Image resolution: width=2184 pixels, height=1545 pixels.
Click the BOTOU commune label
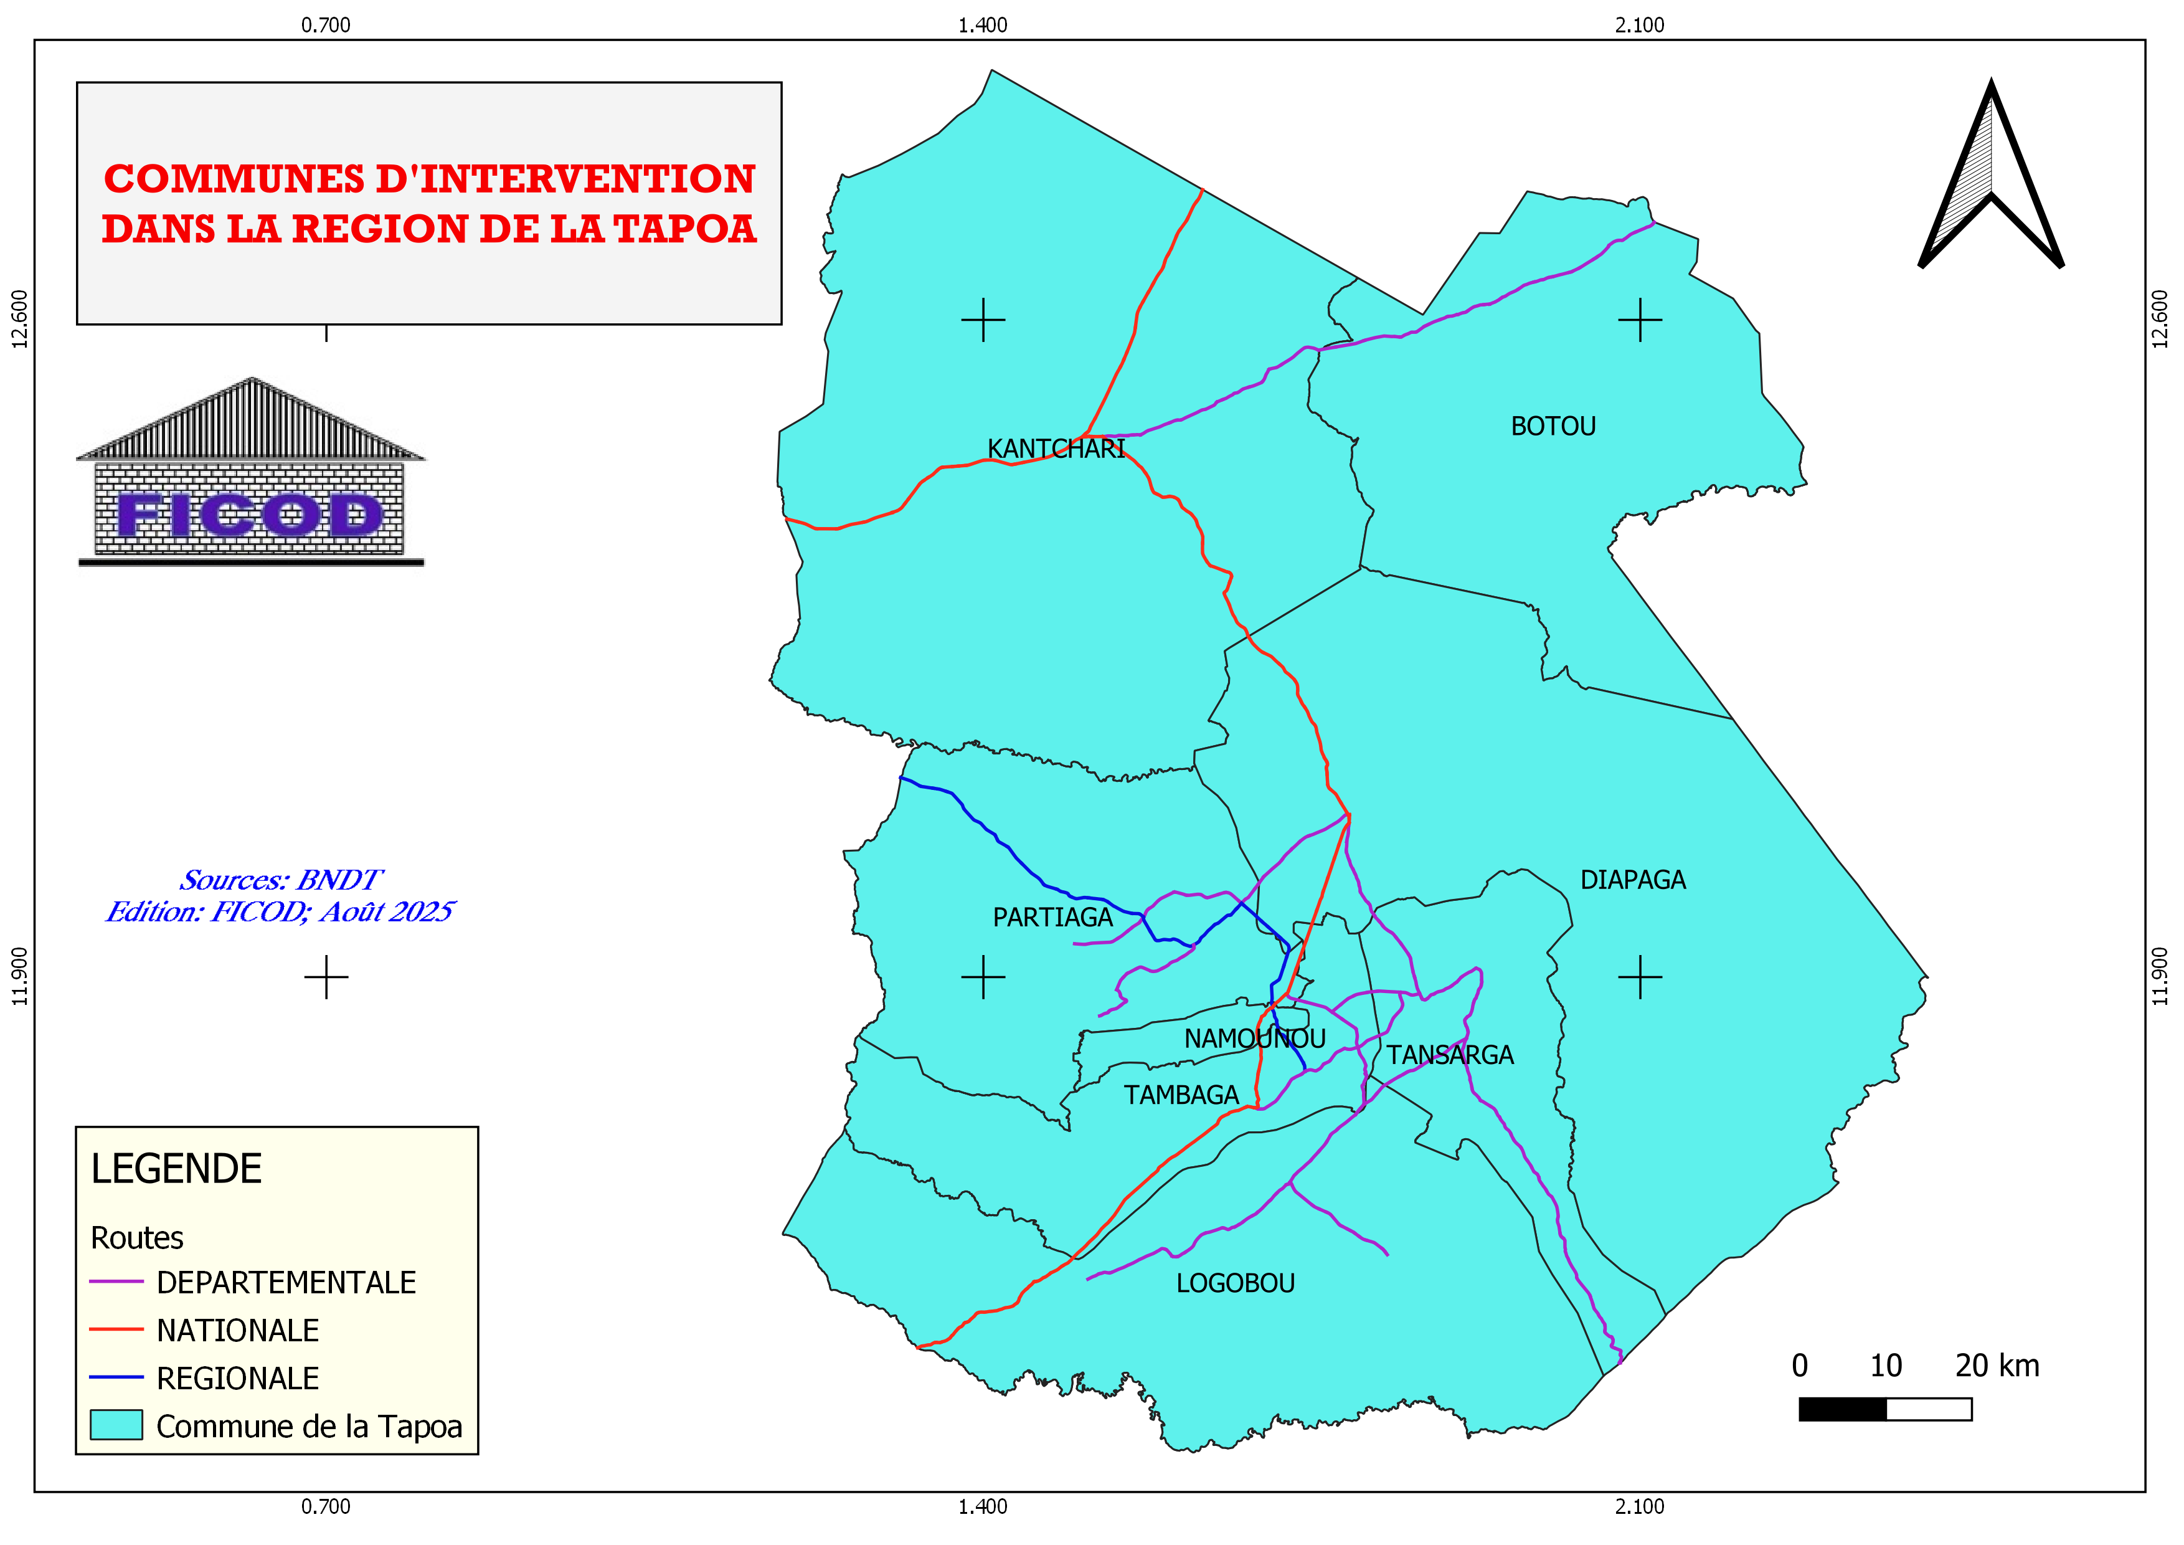(x=1553, y=426)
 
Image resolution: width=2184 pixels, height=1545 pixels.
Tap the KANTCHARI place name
(x=1056, y=449)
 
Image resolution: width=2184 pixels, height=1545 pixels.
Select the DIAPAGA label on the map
(x=1632, y=880)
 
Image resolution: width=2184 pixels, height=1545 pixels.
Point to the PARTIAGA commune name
(x=1052, y=918)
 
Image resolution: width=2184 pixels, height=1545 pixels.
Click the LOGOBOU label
(x=1235, y=1283)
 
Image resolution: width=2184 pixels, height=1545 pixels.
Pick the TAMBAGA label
(x=1181, y=1095)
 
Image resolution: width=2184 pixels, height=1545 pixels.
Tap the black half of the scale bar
(x=1841, y=1409)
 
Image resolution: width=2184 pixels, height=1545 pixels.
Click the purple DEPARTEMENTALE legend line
(x=116, y=1283)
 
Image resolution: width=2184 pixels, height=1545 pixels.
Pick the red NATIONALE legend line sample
(x=116, y=1330)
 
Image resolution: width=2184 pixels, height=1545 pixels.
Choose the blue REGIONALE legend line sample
(x=116, y=1377)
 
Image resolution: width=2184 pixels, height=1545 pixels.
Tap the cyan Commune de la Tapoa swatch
(x=116, y=1425)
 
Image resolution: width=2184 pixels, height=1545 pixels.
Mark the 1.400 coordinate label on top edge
(x=983, y=26)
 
